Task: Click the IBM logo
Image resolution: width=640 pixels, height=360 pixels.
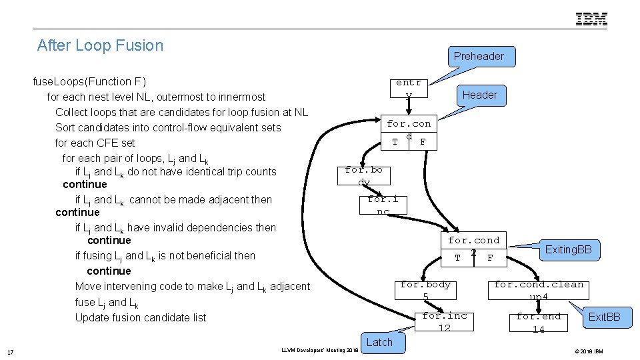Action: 591,19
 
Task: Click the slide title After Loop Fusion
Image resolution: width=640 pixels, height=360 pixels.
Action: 100,45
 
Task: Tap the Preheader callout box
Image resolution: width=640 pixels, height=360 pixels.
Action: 479,57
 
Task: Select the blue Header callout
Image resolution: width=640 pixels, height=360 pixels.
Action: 479,95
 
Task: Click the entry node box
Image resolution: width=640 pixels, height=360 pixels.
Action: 409,89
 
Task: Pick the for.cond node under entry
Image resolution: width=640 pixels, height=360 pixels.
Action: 409,132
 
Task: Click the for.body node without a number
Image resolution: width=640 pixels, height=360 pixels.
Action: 364,176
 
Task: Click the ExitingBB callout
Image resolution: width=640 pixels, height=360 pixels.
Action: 572,250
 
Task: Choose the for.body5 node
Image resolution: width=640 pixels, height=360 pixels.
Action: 425,290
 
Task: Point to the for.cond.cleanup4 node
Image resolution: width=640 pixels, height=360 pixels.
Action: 538,290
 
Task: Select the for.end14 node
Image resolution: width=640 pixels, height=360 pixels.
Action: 538,323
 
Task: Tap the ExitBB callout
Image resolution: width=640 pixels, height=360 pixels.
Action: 604,317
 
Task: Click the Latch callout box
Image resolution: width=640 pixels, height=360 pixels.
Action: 379,342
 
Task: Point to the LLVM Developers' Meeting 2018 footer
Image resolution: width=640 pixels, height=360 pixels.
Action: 319,349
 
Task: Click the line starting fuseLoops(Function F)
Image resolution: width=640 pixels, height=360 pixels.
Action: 89,81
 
